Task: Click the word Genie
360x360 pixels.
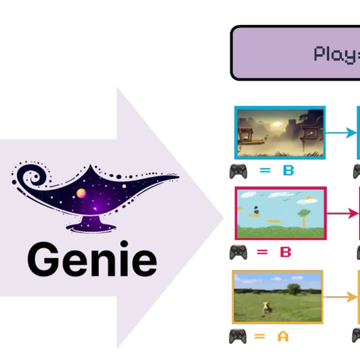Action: tap(92, 260)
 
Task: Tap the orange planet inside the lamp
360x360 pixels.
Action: tap(81, 193)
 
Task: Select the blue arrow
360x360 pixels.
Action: tap(340, 133)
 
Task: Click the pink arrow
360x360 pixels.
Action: tap(342, 213)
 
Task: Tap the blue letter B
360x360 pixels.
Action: tap(288, 171)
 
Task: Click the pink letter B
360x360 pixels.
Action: tap(285, 252)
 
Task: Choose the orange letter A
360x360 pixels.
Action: tap(283, 336)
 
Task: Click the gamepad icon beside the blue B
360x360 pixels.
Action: tap(238, 171)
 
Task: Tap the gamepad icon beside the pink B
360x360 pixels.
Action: tap(238, 252)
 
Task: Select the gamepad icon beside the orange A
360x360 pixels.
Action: tap(238, 336)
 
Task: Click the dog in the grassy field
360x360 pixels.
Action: tap(266, 308)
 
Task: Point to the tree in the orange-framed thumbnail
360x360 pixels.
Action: tap(294, 288)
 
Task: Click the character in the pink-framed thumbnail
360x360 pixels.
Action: tap(256, 210)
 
